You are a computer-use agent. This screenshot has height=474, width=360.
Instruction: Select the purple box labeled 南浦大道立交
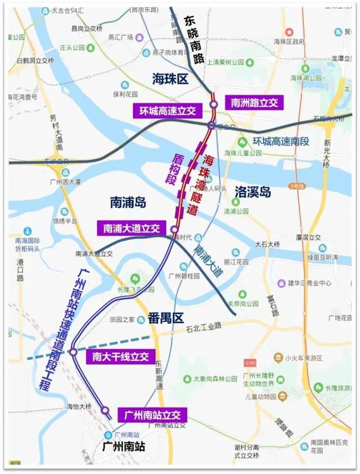(131, 229)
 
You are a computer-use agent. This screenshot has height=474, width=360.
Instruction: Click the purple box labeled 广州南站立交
(152, 415)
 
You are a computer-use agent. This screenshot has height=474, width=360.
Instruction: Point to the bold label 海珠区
(170, 79)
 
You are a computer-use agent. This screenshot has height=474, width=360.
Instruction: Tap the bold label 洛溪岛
(252, 192)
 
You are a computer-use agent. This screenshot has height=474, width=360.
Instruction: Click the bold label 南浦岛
(128, 203)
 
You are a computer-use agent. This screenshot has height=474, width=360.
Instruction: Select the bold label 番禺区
(165, 318)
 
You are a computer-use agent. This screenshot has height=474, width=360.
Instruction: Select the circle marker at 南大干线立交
(73, 352)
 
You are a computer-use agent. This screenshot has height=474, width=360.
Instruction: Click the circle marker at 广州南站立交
(105, 410)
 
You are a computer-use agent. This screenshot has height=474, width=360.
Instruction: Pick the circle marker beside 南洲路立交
(214, 104)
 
